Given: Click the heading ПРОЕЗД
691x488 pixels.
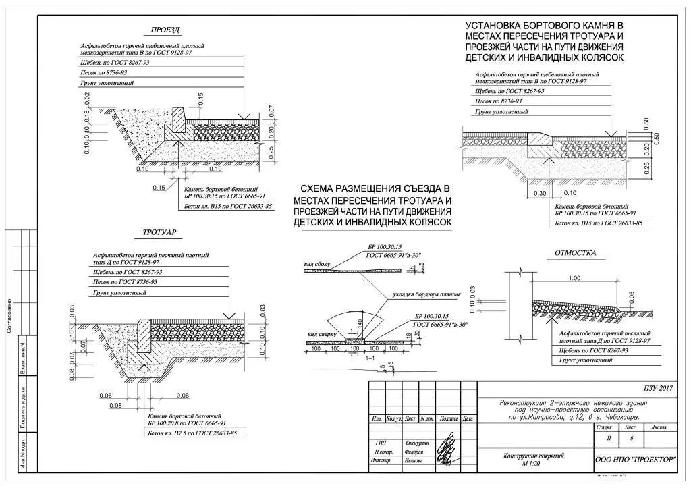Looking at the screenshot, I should (166, 30).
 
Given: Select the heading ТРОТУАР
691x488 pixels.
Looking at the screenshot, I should (160, 232).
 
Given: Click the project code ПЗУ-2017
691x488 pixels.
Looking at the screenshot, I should (658, 388).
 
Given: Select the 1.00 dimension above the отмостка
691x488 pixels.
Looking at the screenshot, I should (574, 278).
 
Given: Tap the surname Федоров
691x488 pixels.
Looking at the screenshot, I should (414, 451).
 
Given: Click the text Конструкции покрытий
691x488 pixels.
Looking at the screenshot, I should (534, 456).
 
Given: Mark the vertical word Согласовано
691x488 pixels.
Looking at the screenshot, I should (9, 314).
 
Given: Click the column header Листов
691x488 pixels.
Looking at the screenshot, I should (658, 427).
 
